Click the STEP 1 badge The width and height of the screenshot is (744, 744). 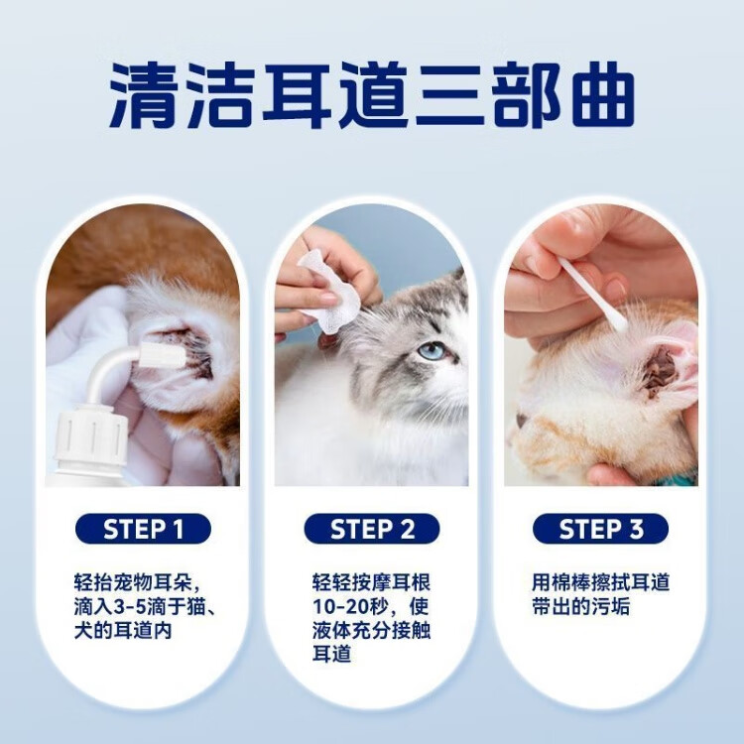click(143, 529)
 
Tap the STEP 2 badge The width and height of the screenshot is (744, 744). click(372, 529)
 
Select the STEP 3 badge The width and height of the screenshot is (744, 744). click(600, 529)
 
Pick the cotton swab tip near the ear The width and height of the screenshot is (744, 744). click(617, 321)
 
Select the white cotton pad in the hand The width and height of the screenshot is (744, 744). click(326, 290)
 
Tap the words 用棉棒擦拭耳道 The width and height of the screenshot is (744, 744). click(600, 582)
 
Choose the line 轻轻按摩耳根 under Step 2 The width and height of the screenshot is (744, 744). click(371, 582)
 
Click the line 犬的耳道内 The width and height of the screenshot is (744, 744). click(122, 631)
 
